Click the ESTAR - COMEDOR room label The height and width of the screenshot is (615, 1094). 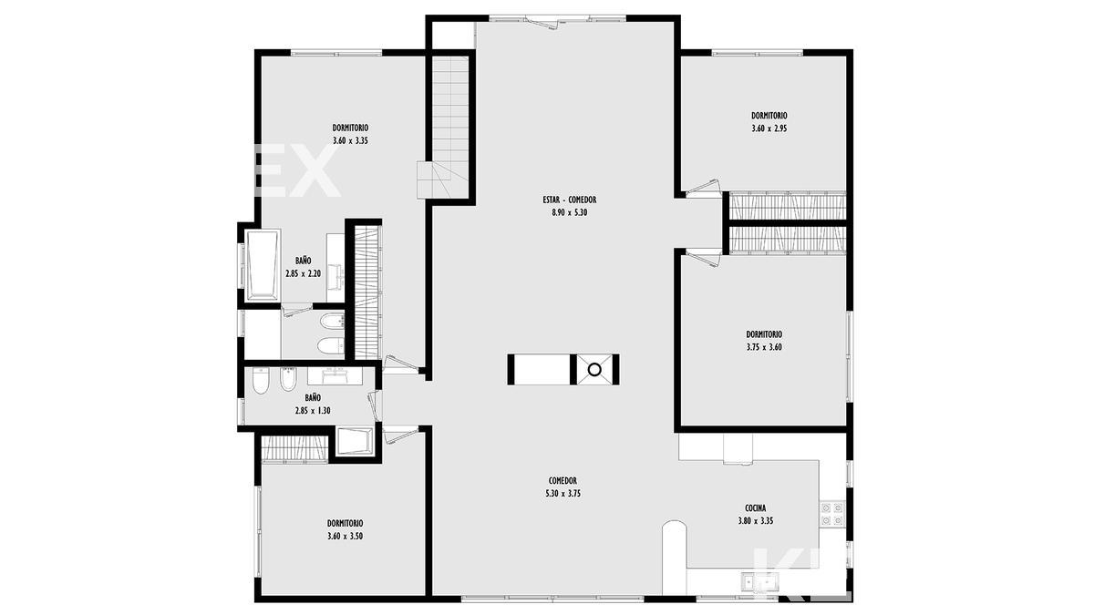coord(570,200)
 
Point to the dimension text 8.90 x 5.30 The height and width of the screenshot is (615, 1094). coord(570,212)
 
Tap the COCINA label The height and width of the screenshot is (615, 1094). coord(756,508)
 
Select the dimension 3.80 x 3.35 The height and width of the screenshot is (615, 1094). coord(756,521)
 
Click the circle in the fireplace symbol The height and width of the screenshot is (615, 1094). coord(594,370)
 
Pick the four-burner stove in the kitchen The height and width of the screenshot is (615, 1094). coord(832,514)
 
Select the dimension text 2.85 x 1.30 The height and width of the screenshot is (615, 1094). coord(313,411)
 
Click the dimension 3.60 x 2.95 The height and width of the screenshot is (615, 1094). coord(769,128)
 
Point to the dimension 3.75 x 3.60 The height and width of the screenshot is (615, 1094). coord(764,347)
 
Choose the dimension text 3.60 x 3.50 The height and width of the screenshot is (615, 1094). coord(345,536)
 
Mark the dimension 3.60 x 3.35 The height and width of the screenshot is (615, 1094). coord(350,140)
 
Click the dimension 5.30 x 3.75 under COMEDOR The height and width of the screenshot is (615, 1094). coord(563,494)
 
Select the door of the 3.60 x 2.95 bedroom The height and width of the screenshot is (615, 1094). coord(703,189)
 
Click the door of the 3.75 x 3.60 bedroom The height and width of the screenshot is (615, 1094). coord(703,258)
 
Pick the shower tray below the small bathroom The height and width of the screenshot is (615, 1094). coord(355,441)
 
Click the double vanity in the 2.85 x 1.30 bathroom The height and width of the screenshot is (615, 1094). coord(335,375)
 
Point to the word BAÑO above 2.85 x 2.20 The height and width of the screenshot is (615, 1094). coord(303,261)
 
